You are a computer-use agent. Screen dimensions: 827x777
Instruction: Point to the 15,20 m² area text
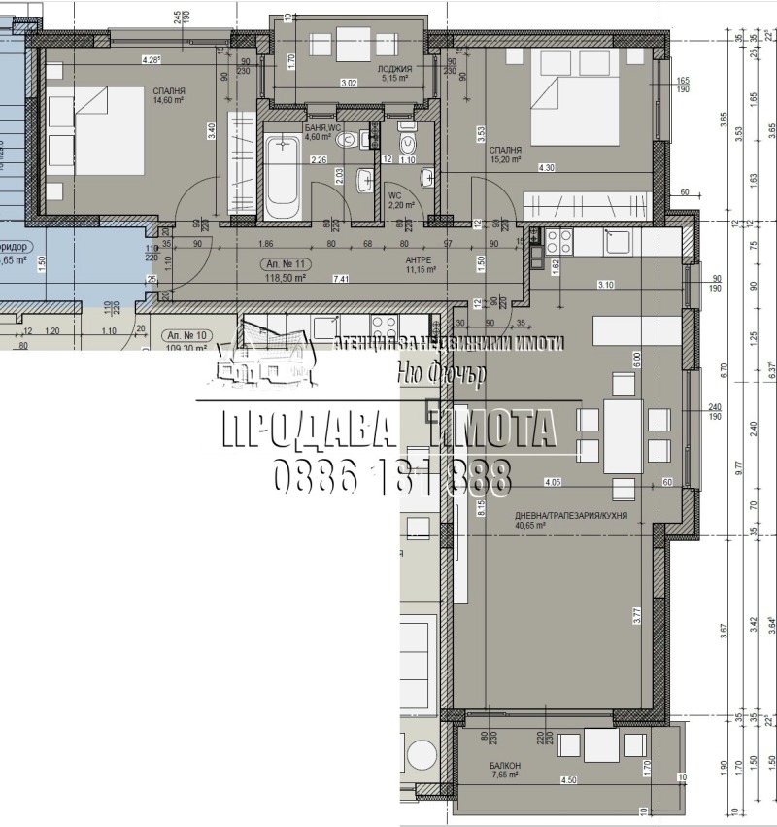pyautogui.click(x=505, y=160)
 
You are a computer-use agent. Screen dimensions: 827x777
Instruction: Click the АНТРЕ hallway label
pyautogui.click(x=418, y=260)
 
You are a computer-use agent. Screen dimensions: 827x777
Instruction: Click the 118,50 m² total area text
pyautogui.click(x=287, y=278)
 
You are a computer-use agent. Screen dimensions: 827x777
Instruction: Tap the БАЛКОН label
pyautogui.click(x=505, y=766)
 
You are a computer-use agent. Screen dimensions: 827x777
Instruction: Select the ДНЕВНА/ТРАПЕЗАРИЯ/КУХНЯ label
pyautogui.click(x=558, y=516)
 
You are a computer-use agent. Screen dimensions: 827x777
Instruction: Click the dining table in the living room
pyautogui.click(x=623, y=435)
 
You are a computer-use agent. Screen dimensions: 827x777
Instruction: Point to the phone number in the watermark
pyautogui.click(x=388, y=476)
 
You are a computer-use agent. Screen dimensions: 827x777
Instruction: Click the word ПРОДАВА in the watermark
pyautogui.click(x=303, y=429)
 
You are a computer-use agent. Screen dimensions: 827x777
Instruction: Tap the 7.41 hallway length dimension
pyautogui.click(x=341, y=279)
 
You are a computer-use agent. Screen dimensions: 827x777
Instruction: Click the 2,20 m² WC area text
pyautogui.click(x=402, y=205)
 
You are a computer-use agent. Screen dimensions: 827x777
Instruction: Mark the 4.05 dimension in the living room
pyautogui.click(x=554, y=481)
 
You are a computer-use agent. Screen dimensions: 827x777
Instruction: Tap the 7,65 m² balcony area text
pyautogui.click(x=504, y=775)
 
